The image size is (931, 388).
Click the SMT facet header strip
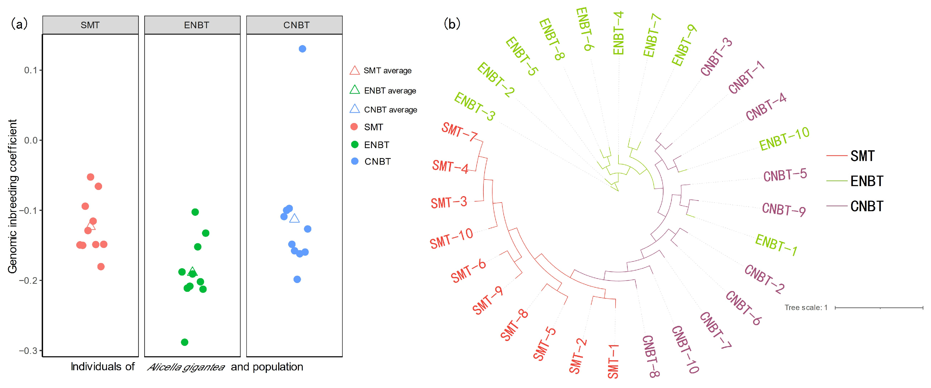[x=90, y=25]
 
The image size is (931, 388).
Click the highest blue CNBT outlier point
[x=303, y=49]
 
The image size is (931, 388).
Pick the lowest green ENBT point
[x=184, y=342]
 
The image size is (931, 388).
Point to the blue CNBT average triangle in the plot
[x=294, y=218]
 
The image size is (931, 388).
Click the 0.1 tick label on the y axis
[x=31, y=70]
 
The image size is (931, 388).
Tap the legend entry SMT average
[x=387, y=70]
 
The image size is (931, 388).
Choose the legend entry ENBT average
[x=389, y=91]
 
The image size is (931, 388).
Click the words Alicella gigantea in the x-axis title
[x=186, y=367]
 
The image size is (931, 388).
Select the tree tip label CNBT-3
[x=716, y=57]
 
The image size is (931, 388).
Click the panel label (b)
[x=452, y=24]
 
